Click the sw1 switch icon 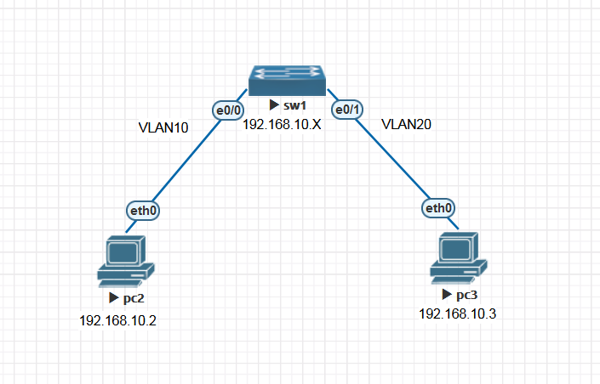tap(287, 81)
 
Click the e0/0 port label tap(228, 110)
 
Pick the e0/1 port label tap(346, 110)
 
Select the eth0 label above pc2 tap(143, 211)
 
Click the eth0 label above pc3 tap(439, 207)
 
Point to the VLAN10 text tap(163, 127)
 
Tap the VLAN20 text tap(406, 124)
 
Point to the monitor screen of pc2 tap(122, 252)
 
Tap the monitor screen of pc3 tap(454, 247)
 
